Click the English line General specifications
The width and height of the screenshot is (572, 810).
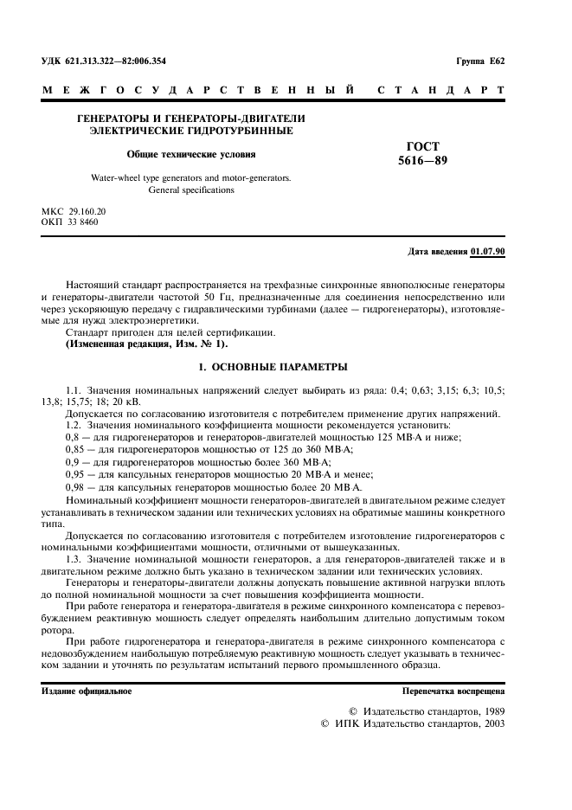pos(191,189)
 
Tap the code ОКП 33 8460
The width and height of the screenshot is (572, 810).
pos(70,222)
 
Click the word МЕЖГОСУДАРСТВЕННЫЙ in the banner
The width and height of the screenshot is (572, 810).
pos(198,89)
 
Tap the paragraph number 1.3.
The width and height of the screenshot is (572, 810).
pos(75,561)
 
